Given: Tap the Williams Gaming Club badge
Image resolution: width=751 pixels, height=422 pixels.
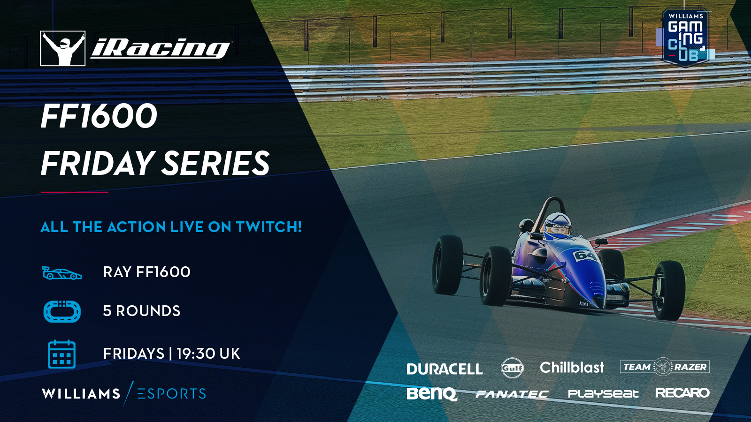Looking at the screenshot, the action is coord(685,38).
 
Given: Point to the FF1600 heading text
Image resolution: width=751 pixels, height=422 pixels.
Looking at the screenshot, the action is coord(99,116).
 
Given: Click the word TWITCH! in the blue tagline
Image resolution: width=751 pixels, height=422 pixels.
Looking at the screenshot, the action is coord(269,227).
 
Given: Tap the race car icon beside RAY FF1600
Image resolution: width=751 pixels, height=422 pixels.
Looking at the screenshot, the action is coord(61,272).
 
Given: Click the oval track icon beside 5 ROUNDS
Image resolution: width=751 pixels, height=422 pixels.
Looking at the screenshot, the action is coord(62,311).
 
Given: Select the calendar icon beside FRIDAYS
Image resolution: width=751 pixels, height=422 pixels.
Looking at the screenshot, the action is coord(61,354).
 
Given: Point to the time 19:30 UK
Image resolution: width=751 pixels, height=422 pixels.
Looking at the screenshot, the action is coord(208,354).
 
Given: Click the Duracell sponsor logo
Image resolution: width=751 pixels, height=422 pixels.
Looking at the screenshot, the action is coord(444,369).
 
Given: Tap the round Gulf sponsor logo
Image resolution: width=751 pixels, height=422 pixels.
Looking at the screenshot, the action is coord(512,368).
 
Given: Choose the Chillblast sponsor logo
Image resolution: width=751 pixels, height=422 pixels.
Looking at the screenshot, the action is coord(572,368).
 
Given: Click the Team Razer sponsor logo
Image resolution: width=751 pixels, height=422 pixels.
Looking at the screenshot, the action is coord(665,367).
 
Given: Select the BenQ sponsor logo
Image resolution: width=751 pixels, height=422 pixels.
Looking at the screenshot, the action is coord(432,393).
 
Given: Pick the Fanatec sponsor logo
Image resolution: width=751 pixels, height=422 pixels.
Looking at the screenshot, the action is coord(512,394).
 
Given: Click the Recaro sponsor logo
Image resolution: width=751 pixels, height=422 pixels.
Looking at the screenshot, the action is coord(682,392).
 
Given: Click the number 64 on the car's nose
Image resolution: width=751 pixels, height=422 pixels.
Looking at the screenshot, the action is coord(585,256).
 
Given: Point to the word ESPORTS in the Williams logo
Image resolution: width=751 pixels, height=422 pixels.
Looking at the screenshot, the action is coord(172,393).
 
